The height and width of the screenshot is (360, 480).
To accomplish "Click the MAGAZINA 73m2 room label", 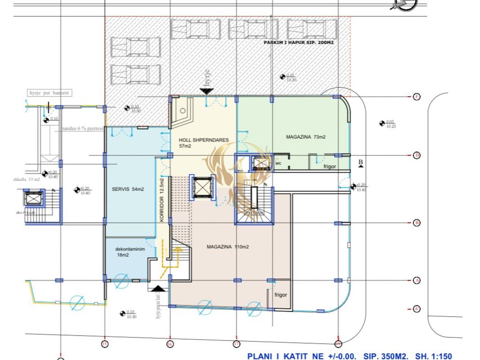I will [306, 137].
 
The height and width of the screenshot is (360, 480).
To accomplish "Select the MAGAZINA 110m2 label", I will [228, 247].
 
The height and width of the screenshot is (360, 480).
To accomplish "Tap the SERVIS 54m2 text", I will [128, 189].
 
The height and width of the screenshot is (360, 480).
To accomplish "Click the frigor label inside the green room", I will [330, 166].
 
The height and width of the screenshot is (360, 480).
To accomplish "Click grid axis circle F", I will [417, 97].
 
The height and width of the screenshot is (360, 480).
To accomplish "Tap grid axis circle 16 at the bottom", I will [170, 344].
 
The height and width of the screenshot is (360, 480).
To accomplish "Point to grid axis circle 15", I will [105, 344].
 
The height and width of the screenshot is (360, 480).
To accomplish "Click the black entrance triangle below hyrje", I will [207, 91].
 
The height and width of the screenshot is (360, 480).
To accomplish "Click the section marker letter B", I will [360, 163].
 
